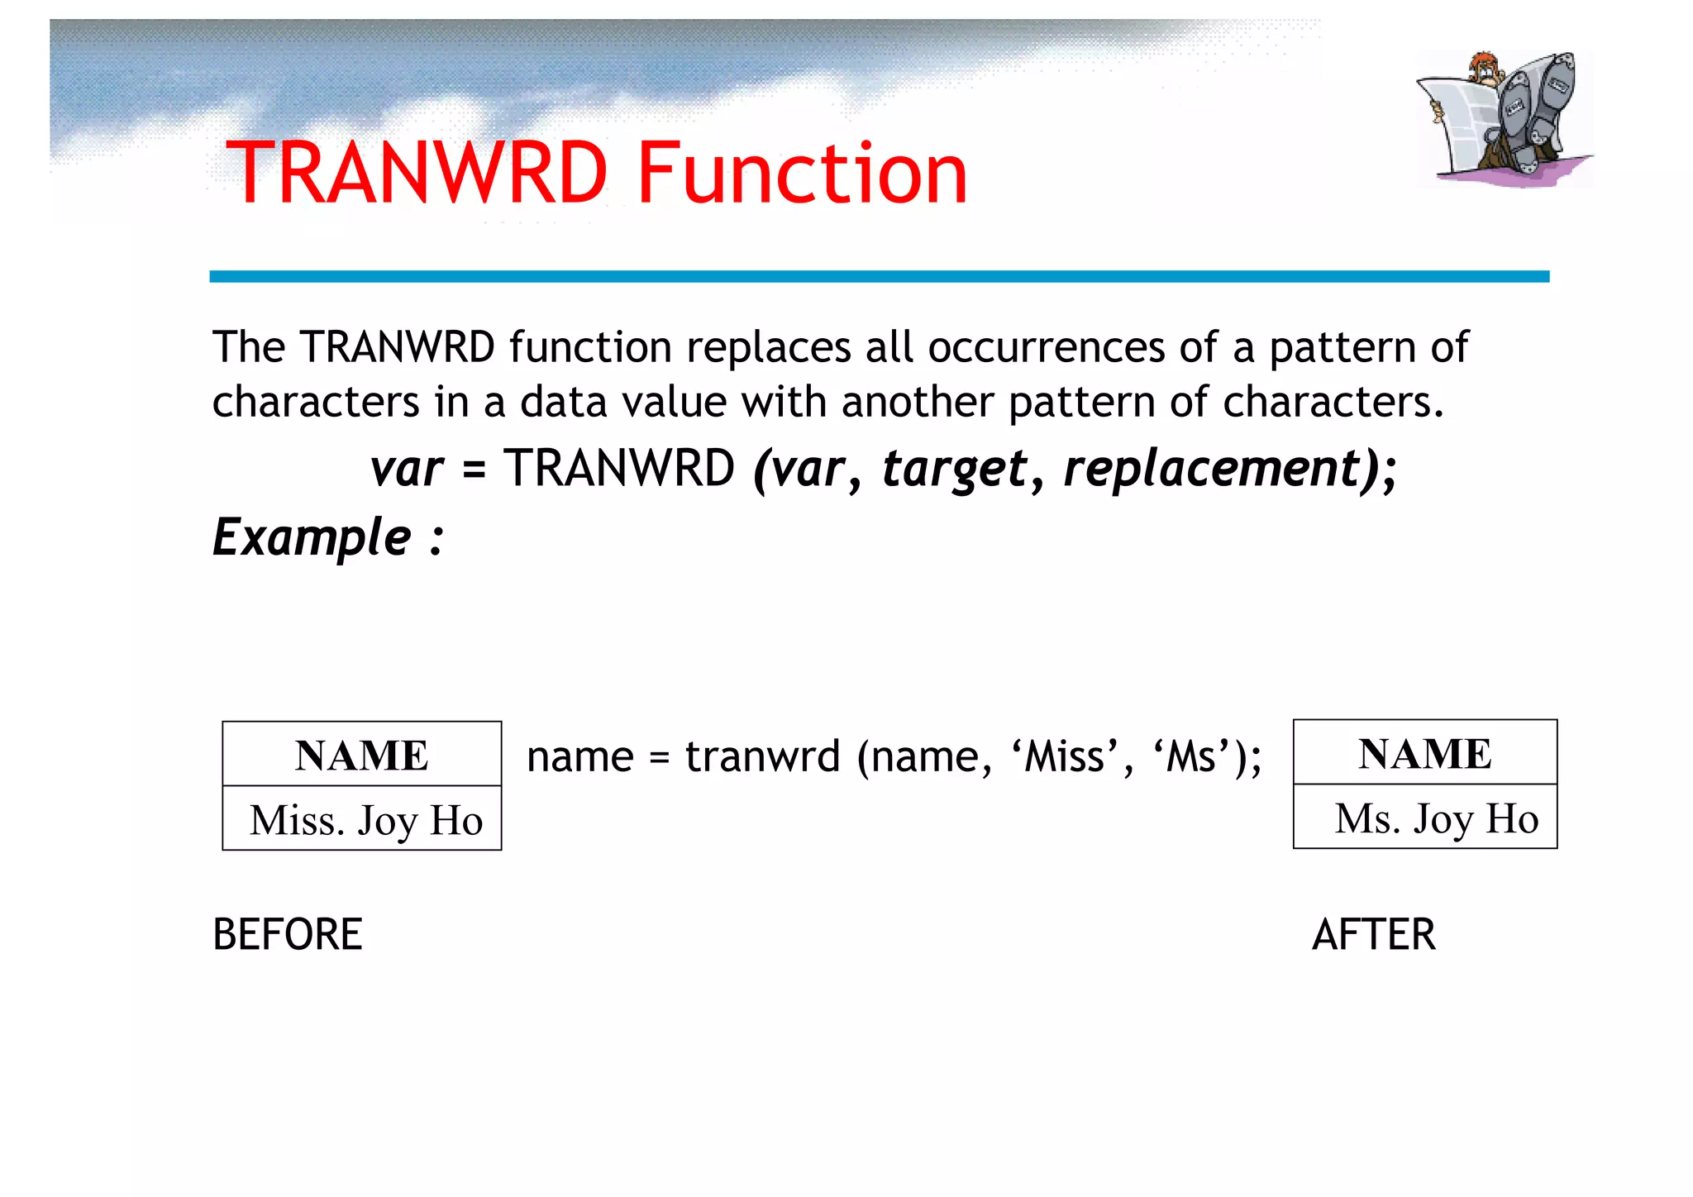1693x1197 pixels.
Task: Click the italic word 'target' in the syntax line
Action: tap(955, 469)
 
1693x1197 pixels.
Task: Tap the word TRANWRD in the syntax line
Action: tap(619, 469)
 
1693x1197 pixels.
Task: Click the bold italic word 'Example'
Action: tap(312, 537)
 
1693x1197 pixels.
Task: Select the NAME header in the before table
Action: tap(362, 755)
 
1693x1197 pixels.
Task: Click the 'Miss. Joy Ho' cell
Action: tap(365, 820)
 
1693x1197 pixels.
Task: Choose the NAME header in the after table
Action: tap(1424, 753)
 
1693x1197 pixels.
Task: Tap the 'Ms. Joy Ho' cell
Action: tap(1436, 818)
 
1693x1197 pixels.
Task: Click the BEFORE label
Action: tap(288, 935)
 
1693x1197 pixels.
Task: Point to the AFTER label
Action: tap(1374, 935)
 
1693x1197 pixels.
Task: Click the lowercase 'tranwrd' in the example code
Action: tap(762, 756)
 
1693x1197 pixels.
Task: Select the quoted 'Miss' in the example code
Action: tap(1064, 756)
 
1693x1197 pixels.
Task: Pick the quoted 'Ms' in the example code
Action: tap(1190, 756)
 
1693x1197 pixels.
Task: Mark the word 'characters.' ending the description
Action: tap(1333, 402)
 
